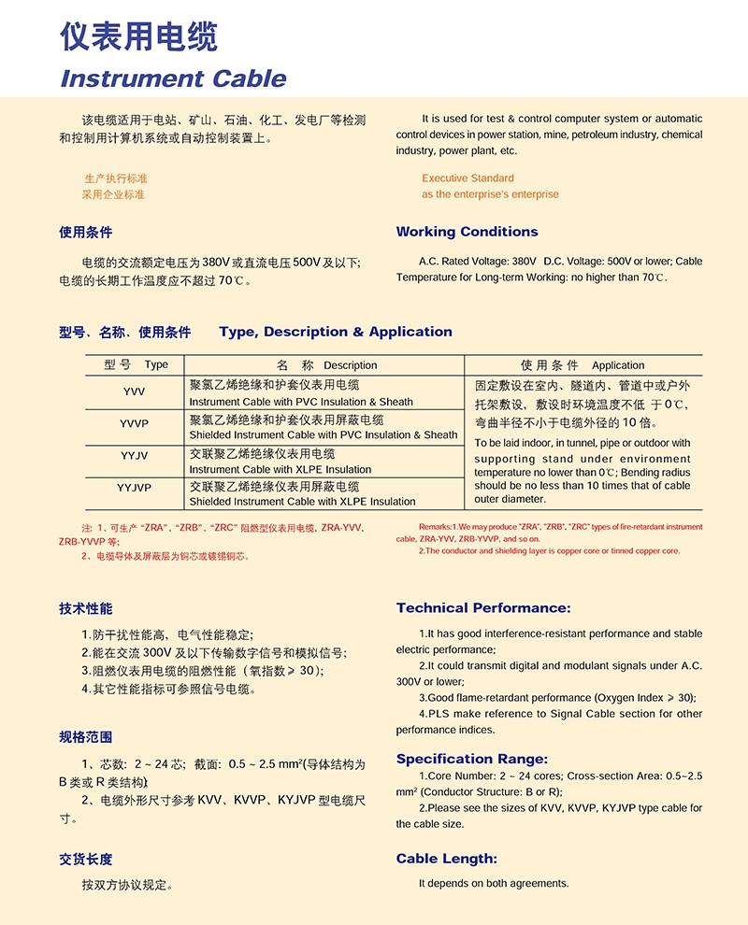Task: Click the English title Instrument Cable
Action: (173, 78)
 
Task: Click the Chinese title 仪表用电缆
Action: (138, 36)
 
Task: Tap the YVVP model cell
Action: (134, 423)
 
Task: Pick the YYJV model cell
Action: (134, 456)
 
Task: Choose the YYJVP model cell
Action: (134, 488)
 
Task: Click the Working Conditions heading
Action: (467, 232)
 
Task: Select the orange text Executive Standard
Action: (467, 178)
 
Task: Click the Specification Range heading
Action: (472, 759)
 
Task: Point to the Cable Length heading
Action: (446, 859)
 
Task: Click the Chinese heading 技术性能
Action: (85, 608)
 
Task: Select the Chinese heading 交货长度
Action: (85, 859)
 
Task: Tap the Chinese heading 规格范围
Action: (85, 737)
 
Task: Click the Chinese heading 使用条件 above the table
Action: (85, 232)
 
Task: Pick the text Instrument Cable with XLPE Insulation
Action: (280, 469)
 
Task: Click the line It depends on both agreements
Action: (493, 883)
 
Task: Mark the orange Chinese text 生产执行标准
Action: (116, 178)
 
